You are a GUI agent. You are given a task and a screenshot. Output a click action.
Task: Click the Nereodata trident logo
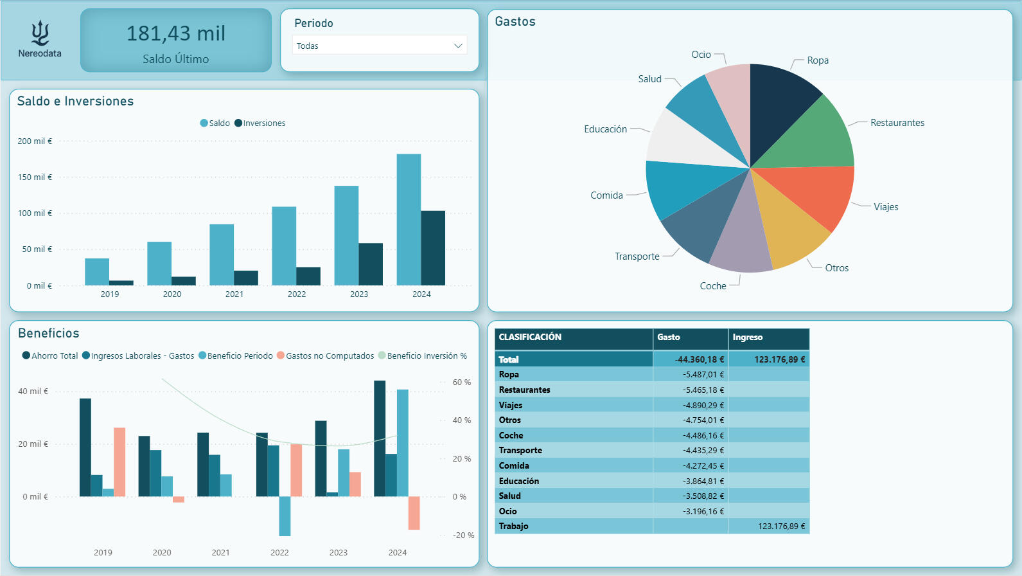coord(40,33)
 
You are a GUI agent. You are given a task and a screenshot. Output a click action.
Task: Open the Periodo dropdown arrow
coord(458,46)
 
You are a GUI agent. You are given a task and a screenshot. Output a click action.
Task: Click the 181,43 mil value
coord(175,33)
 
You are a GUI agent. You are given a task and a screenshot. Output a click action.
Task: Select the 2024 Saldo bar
coord(409,219)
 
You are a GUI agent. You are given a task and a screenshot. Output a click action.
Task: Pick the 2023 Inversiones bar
coord(371,264)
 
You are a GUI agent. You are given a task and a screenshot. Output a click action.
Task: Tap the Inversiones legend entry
coord(260,123)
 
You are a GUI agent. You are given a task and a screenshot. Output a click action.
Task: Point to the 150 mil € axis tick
coord(35,177)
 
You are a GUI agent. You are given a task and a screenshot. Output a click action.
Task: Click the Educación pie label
coord(605,129)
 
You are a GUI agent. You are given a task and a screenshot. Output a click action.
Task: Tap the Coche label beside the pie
coord(713,286)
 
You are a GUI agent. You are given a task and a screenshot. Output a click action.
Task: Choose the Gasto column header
coord(669,337)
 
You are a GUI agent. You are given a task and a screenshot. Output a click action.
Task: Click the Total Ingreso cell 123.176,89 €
coord(779,359)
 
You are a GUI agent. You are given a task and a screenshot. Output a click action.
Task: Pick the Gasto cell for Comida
coord(703,465)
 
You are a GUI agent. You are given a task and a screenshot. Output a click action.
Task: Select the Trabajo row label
coord(513,526)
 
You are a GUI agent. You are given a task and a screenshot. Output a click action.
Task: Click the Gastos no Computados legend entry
coord(330,355)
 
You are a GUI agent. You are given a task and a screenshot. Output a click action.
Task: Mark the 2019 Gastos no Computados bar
coord(119,462)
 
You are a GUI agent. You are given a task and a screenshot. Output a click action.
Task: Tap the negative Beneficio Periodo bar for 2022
coord(285,516)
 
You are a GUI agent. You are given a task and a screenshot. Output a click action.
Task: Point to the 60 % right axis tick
coord(461,382)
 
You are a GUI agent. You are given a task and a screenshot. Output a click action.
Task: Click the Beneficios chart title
coord(49,333)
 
